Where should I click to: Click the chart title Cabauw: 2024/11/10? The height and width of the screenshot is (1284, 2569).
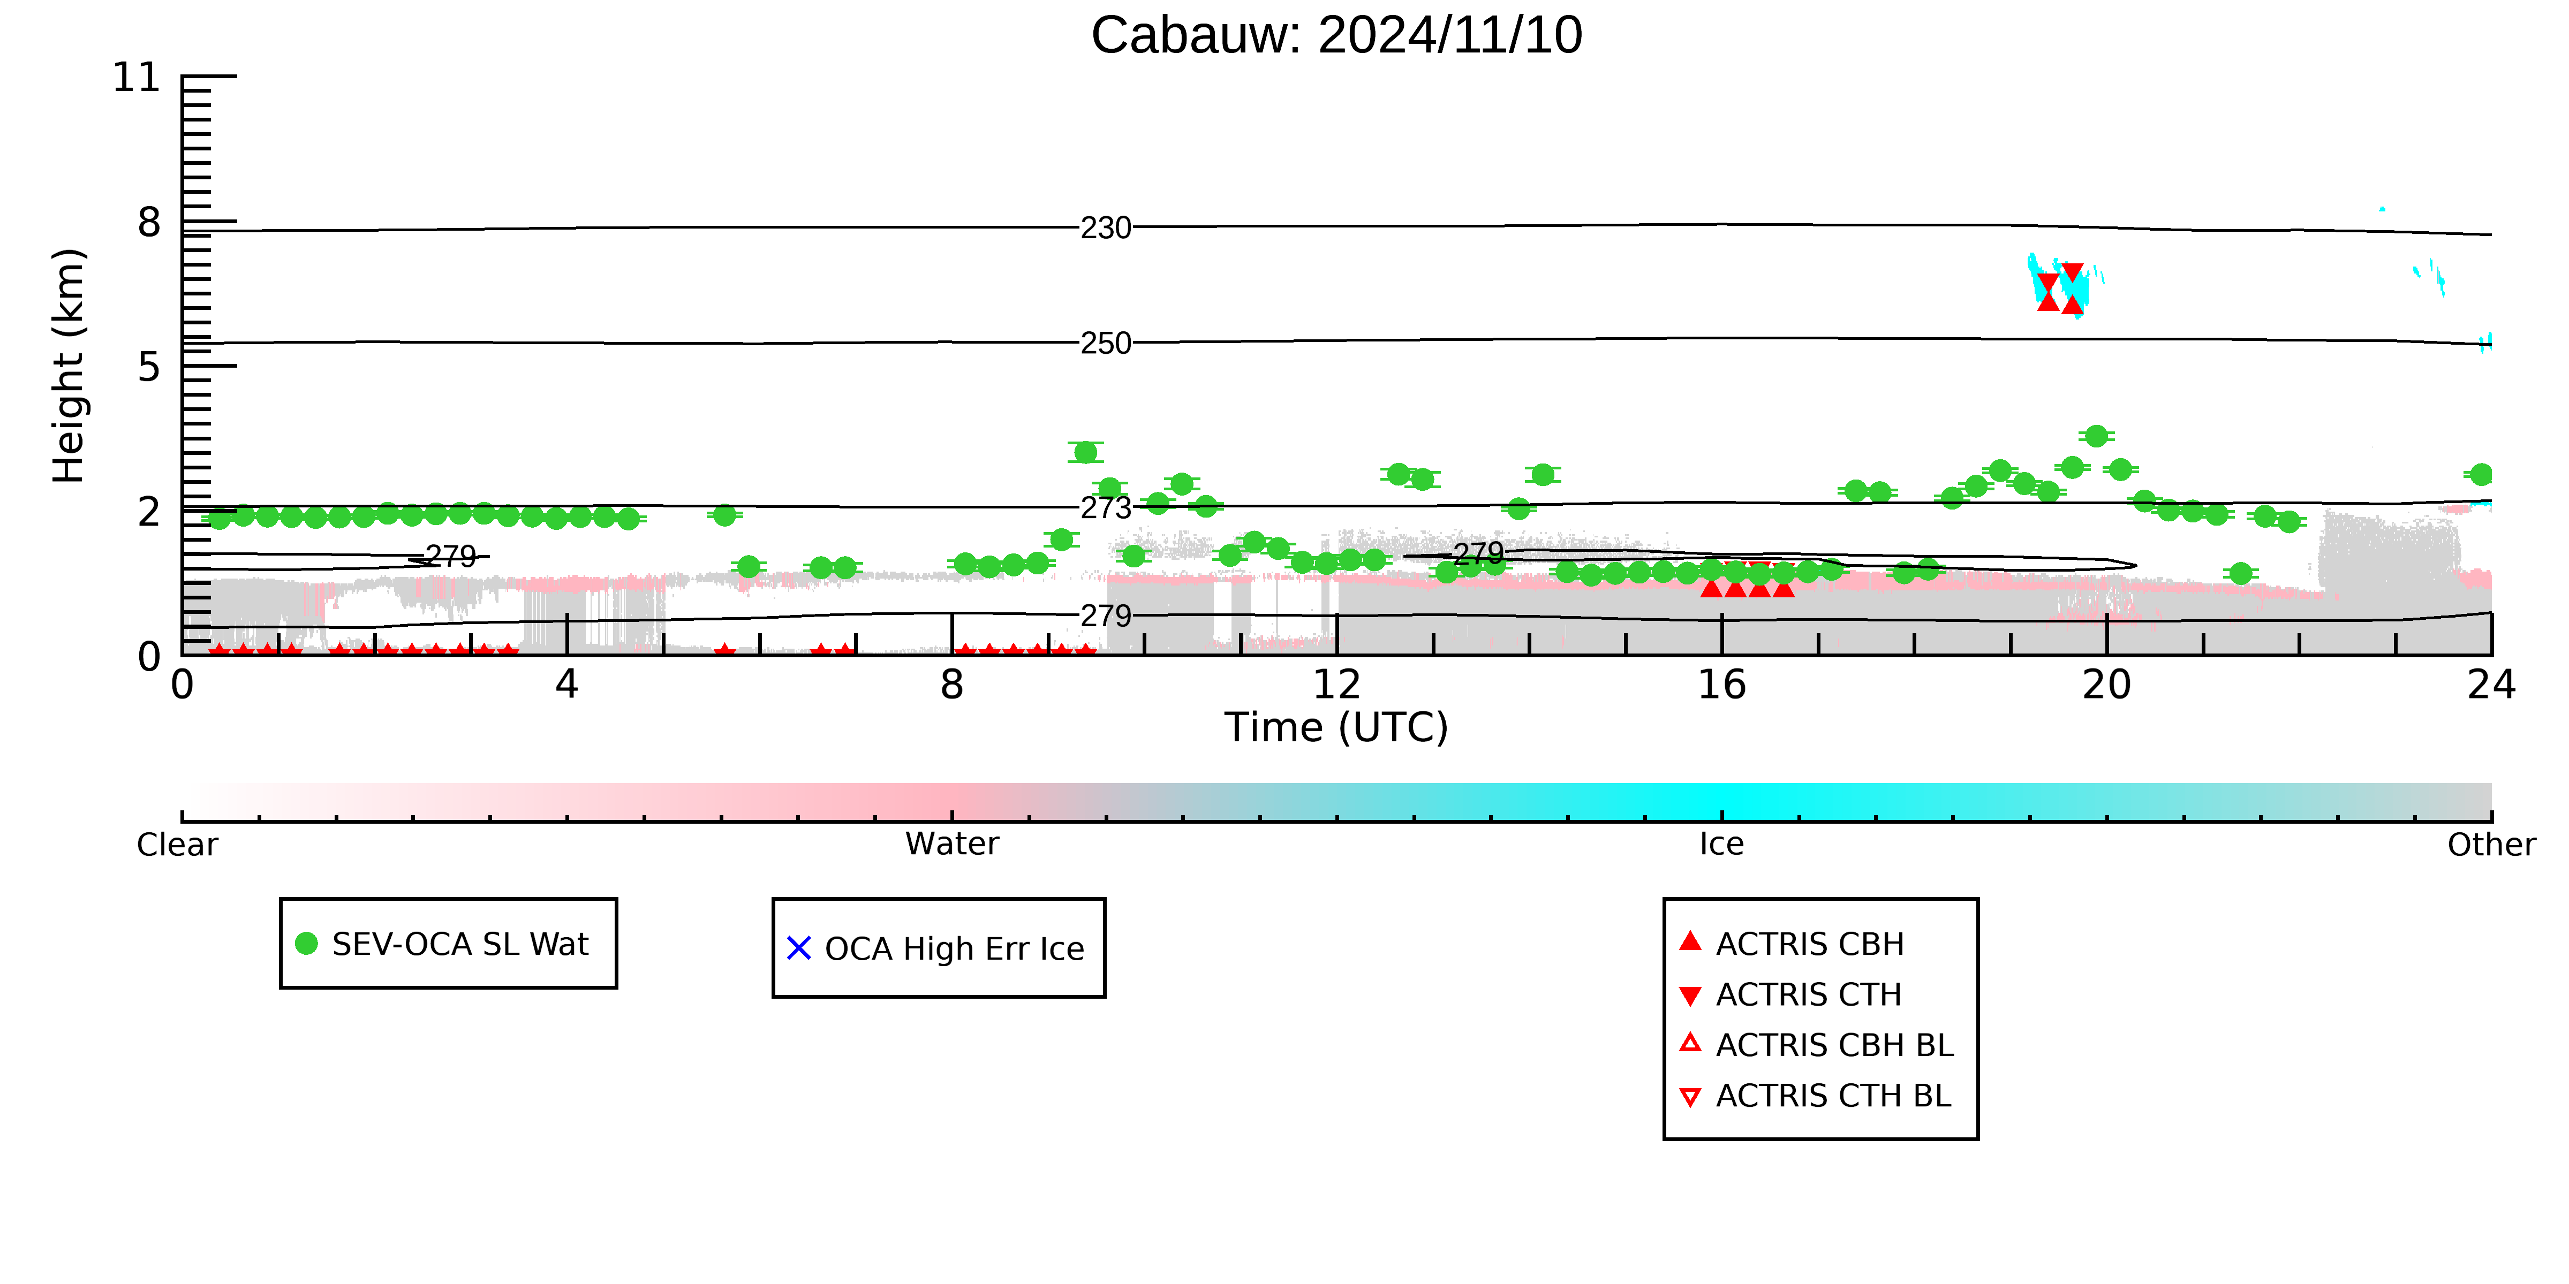(x=1336, y=36)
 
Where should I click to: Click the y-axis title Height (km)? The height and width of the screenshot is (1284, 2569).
(x=69, y=366)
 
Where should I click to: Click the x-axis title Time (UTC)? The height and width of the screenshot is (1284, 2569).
(x=1336, y=728)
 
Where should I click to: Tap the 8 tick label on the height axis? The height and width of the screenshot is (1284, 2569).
(x=149, y=222)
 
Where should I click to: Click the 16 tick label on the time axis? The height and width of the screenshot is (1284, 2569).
(x=1722, y=685)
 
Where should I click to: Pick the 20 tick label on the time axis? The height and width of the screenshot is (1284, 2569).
(x=2107, y=685)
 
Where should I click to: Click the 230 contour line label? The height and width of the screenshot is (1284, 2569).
(x=1106, y=229)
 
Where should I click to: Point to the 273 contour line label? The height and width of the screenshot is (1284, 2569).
(x=1106, y=508)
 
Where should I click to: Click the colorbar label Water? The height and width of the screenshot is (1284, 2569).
(x=953, y=845)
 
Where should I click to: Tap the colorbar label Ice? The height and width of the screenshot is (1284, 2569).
(x=1722, y=845)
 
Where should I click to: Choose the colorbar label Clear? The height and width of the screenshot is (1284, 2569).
(x=178, y=845)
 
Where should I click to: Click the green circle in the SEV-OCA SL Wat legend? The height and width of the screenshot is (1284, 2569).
(x=307, y=943)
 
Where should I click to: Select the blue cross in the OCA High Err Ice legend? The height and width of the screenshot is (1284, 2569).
(x=799, y=948)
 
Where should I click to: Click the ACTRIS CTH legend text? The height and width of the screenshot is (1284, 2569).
(x=1809, y=995)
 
